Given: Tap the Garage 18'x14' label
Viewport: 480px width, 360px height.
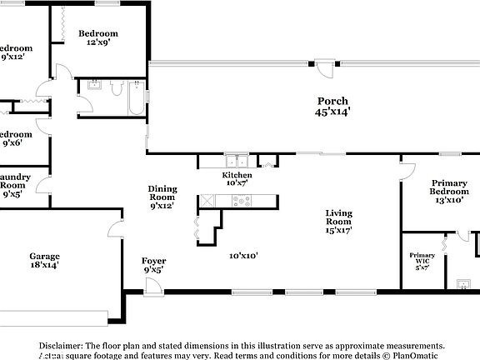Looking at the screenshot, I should (x=44, y=260).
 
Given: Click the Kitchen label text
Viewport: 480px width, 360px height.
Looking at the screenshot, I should (x=237, y=176).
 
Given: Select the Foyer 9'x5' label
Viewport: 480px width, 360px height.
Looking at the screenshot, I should (x=153, y=265).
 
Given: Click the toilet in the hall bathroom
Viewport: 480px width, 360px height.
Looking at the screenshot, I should (x=117, y=87).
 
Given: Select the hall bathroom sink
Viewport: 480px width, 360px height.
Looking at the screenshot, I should (x=94, y=84).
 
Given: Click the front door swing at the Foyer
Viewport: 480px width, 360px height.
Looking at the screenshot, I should (x=152, y=286).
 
